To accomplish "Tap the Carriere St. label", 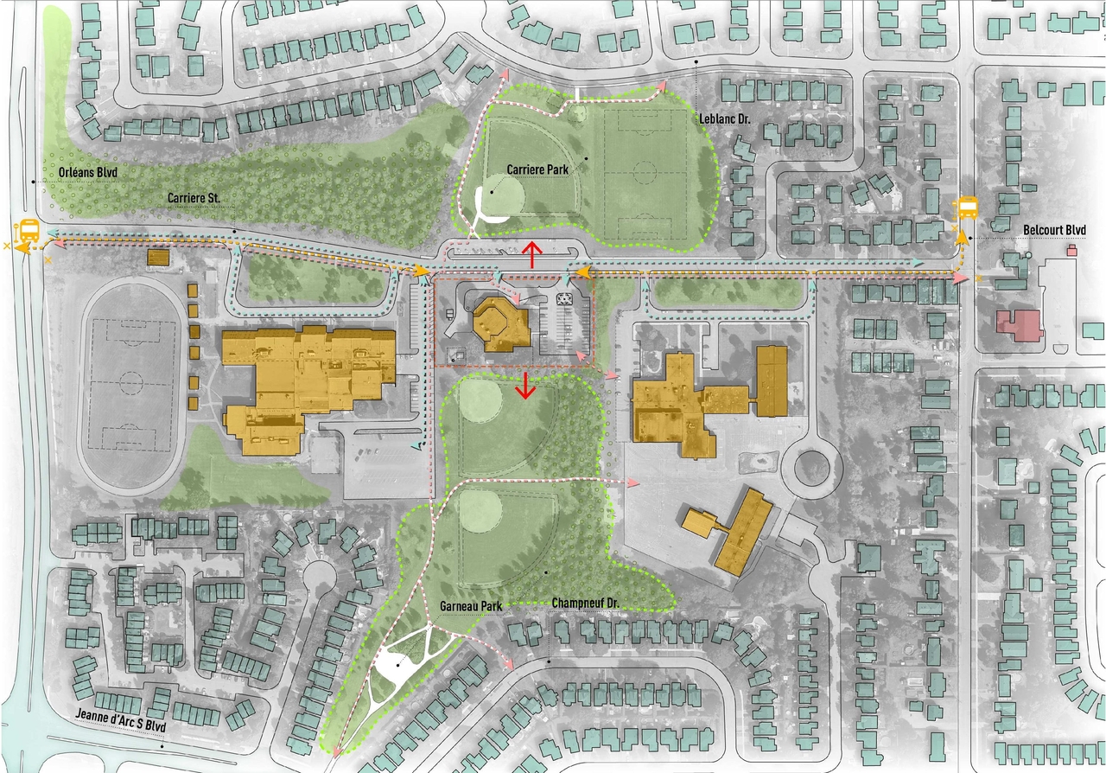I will click(194, 198).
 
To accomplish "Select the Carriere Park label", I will click(537, 169).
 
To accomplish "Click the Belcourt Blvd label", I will click(1053, 230).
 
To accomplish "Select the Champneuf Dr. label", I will click(588, 602).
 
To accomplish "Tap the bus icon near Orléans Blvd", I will click(29, 232).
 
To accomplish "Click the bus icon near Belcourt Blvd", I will click(966, 208).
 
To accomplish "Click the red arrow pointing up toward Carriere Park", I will click(532, 256).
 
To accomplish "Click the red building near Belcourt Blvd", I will click(1020, 327).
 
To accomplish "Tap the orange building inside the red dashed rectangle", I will click(499, 324).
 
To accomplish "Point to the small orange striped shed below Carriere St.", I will click(158, 258).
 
